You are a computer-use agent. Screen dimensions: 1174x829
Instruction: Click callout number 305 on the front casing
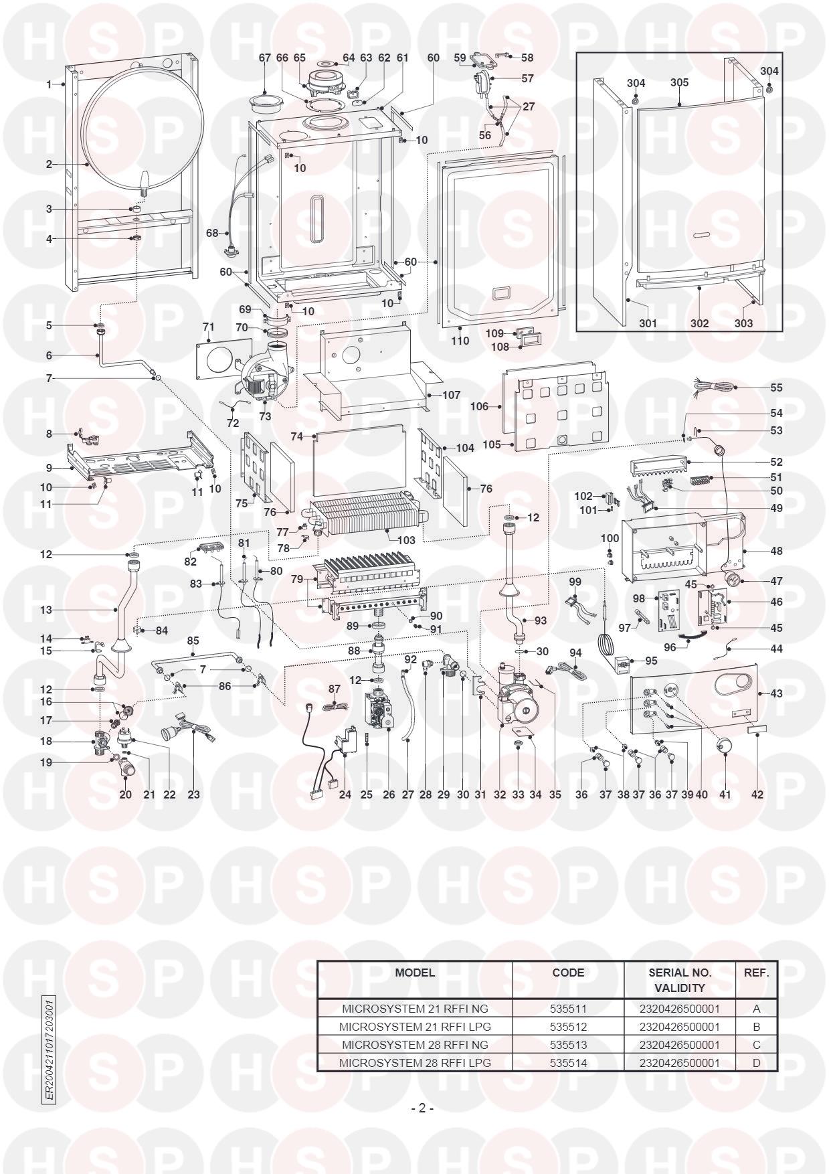pyautogui.click(x=679, y=82)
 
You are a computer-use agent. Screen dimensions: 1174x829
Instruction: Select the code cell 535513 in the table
pyautogui.click(x=567, y=1044)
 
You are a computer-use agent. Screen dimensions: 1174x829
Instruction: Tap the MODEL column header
pyautogui.click(x=414, y=973)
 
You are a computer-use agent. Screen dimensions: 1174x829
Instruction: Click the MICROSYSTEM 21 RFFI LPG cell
pyautogui.click(x=415, y=1026)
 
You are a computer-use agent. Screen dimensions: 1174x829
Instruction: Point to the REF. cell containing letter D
pyautogui.click(x=756, y=1062)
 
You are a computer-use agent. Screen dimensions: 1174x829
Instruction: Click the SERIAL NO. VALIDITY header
pyautogui.click(x=679, y=979)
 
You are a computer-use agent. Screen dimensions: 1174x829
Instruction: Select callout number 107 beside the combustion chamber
pyautogui.click(x=451, y=395)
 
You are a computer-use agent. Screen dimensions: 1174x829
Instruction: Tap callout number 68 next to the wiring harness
pyautogui.click(x=212, y=233)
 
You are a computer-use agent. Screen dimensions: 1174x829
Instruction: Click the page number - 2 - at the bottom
pyautogui.click(x=422, y=1108)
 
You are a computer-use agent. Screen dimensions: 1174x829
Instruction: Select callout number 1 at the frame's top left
pyautogui.click(x=49, y=84)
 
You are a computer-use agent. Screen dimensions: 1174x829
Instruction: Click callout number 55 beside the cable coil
pyautogui.click(x=775, y=388)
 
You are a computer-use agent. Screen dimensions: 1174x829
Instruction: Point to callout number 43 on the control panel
pyautogui.click(x=776, y=693)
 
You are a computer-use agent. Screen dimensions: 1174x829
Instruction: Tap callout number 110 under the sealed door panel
pyautogui.click(x=460, y=341)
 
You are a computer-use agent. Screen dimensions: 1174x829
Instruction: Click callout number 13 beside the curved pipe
pyautogui.click(x=45, y=610)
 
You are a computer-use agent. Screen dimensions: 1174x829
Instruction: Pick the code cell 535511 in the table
pyautogui.click(x=567, y=1008)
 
